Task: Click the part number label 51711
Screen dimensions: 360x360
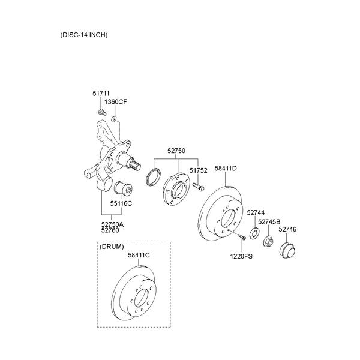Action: tap(101, 94)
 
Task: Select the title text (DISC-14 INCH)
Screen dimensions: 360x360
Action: tap(84, 35)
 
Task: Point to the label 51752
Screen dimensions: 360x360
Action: tap(199, 171)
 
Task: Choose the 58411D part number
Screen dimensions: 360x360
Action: tap(226, 169)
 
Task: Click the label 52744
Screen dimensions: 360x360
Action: tap(256, 213)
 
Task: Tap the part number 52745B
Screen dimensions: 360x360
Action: tap(269, 222)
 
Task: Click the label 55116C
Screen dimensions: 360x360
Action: tap(121, 203)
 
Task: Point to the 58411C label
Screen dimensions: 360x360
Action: tap(139, 255)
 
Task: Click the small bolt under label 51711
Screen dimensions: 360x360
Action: tap(103, 111)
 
